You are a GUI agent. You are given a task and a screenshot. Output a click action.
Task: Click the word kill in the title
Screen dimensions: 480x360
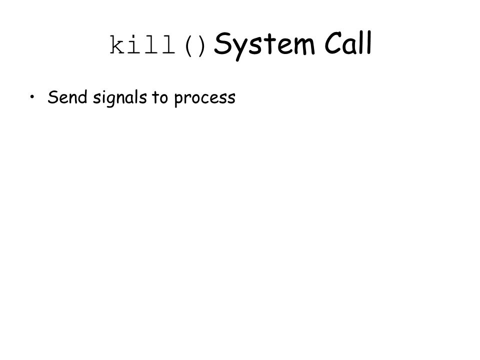142,45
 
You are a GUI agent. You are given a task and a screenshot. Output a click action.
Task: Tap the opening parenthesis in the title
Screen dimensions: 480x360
189,46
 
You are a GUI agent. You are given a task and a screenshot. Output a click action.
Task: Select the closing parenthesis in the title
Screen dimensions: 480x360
201,46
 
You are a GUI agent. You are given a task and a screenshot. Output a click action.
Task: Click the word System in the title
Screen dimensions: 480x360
264,45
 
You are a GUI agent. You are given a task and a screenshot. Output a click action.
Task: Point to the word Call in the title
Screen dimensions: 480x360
348,43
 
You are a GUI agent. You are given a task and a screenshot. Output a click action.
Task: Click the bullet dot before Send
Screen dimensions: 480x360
32,97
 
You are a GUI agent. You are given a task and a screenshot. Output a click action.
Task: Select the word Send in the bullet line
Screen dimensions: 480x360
67,97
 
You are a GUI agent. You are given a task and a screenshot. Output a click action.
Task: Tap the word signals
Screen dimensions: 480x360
119,98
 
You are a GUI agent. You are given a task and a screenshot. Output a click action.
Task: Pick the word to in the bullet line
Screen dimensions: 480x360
160,97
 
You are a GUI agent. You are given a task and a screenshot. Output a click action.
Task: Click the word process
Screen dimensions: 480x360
205,99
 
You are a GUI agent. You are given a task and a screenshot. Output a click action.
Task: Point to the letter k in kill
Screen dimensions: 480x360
117,45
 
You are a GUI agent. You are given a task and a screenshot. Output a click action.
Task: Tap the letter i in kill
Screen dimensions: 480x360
134,45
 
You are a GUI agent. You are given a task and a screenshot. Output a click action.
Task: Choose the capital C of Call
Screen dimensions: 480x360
334,43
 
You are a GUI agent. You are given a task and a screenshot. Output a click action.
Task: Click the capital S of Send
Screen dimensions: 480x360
53,97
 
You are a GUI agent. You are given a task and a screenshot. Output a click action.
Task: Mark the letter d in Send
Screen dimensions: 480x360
82,97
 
